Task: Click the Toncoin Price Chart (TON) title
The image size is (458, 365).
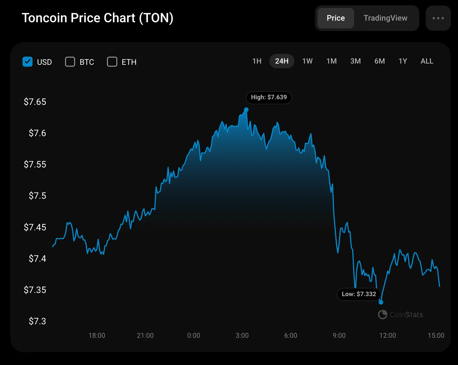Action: tap(97, 18)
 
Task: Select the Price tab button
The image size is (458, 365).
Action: tap(336, 18)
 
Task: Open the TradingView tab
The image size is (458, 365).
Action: tap(385, 18)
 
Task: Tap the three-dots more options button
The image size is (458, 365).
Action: tap(438, 18)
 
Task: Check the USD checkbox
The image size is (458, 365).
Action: tap(28, 62)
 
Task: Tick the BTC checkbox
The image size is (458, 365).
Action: tap(70, 62)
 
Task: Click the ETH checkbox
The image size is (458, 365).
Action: tap(112, 62)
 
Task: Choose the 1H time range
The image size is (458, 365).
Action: tap(257, 61)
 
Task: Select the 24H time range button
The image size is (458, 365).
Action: tap(282, 61)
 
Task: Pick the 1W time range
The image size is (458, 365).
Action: tap(307, 61)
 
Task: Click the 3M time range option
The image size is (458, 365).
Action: tap(355, 61)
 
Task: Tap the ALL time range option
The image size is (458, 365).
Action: tap(427, 61)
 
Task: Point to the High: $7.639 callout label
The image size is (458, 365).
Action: tap(269, 97)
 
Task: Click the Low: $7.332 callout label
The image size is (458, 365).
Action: tap(359, 294)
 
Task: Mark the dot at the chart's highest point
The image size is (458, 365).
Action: tap(246, 110)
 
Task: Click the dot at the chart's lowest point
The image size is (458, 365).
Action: tap(381, 302)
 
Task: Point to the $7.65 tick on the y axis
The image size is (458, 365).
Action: tap(35, 102)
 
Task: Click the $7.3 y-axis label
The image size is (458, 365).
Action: tap(37, 321)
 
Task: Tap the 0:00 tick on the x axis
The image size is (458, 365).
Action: tap(194, 336)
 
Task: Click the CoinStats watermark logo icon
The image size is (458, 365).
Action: tap(382, 315)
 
